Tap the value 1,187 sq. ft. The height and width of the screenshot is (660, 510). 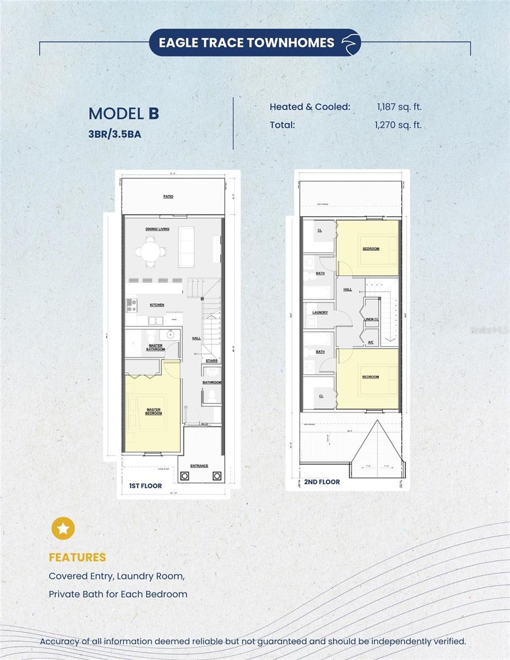pyautogui.click(x=398, y=107)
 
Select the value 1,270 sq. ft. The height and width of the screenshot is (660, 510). pyautogui.click(x=398, y=125)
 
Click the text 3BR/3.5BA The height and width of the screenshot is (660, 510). pyautogui.click(x=115, y=134)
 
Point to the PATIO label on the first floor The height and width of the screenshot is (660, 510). pyautogui.click(x=168, y=196)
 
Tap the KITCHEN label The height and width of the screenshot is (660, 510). pyautogui.click(x=157, y=305)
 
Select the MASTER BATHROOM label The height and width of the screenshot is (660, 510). pyautogui.click(x=156, y=347)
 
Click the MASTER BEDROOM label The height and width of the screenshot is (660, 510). pyautogui.click(x=154, y=411)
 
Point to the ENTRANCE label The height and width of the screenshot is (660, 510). pyautogui.click(x=199, y=466)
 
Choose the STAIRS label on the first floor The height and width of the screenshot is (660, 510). pyautogui.click(x=211, y=361)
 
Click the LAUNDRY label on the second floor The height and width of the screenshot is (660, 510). pyautogui.click(x=320, y=312)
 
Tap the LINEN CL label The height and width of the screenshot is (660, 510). pyautogui.click(x=371, y=319)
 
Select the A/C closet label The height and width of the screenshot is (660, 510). pyautogui.click(x=370, y=342)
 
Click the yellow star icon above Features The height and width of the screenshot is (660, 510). pyautogui.click(x=63, y=529)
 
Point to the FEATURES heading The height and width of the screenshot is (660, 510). pyautogui.click(x=77, y=557)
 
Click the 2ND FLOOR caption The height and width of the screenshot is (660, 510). pyautogui.click(x=322, y=482)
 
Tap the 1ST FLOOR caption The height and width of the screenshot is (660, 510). pyautogui.click(x=145, y=486)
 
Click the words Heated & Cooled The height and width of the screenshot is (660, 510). pyautogui.click(x=310, y=107)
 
